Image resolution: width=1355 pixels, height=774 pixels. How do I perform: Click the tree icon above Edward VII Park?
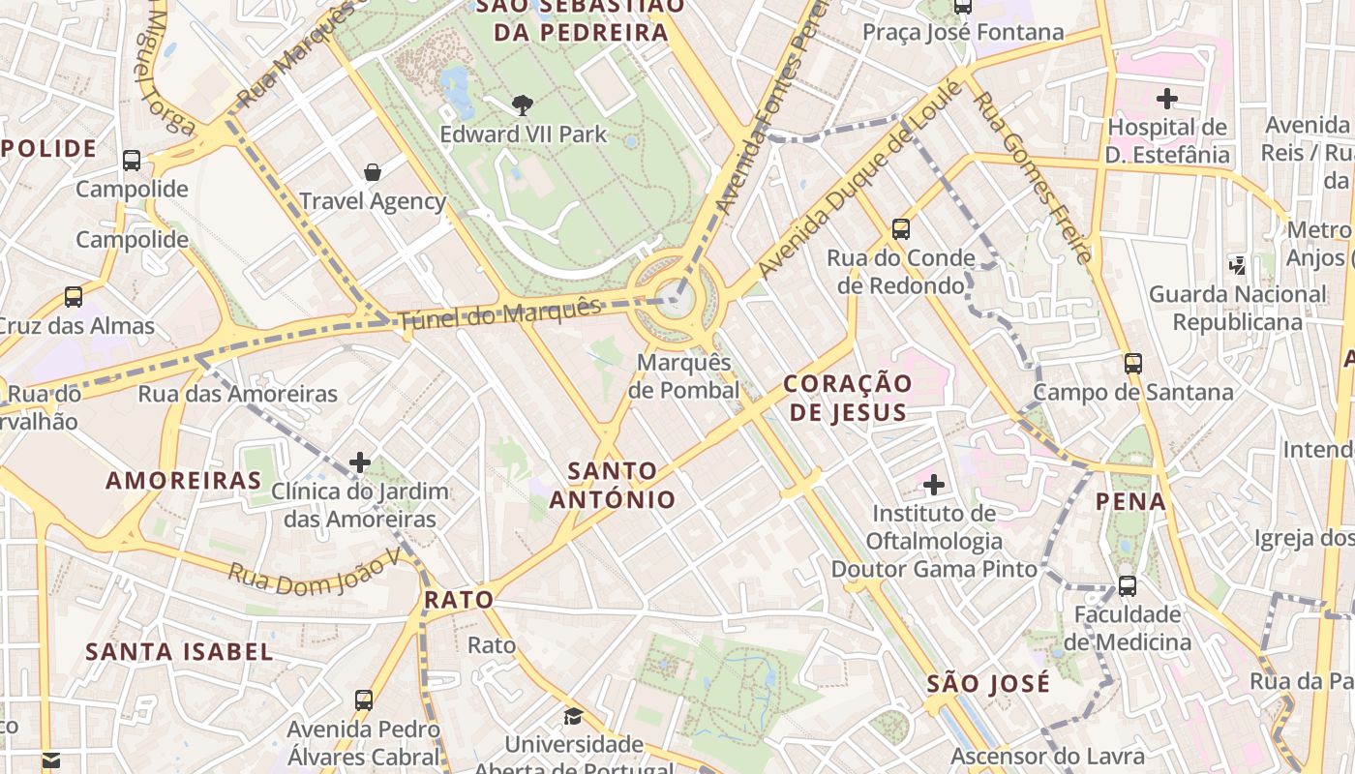click(523, 104)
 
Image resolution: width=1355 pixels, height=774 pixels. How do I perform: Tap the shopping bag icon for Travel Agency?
click(373, 172)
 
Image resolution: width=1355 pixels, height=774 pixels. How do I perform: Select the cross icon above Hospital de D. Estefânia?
click(1167, 98)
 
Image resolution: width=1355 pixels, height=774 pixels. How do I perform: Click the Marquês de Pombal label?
click(683, 376)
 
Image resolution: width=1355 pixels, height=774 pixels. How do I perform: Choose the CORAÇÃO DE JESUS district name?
click(848, 398)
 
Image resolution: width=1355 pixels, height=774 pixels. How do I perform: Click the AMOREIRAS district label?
click(184, 481)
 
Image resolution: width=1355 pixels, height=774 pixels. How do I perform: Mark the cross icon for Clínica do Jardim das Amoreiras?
click(360, 462)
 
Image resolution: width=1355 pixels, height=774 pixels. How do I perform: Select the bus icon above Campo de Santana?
click(1133, 364)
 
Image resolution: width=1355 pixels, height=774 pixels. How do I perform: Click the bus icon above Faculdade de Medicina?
click(1128, 585)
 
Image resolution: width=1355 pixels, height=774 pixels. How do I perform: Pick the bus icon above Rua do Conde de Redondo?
click(901, 229)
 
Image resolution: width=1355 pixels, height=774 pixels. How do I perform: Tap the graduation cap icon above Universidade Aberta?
click(574, 716)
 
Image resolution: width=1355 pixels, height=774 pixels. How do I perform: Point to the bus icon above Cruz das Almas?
click(74, 297)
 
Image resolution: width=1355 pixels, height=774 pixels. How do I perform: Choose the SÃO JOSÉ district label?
click(988, 683)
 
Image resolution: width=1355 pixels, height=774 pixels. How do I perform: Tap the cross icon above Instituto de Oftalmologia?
click(934, 484)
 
